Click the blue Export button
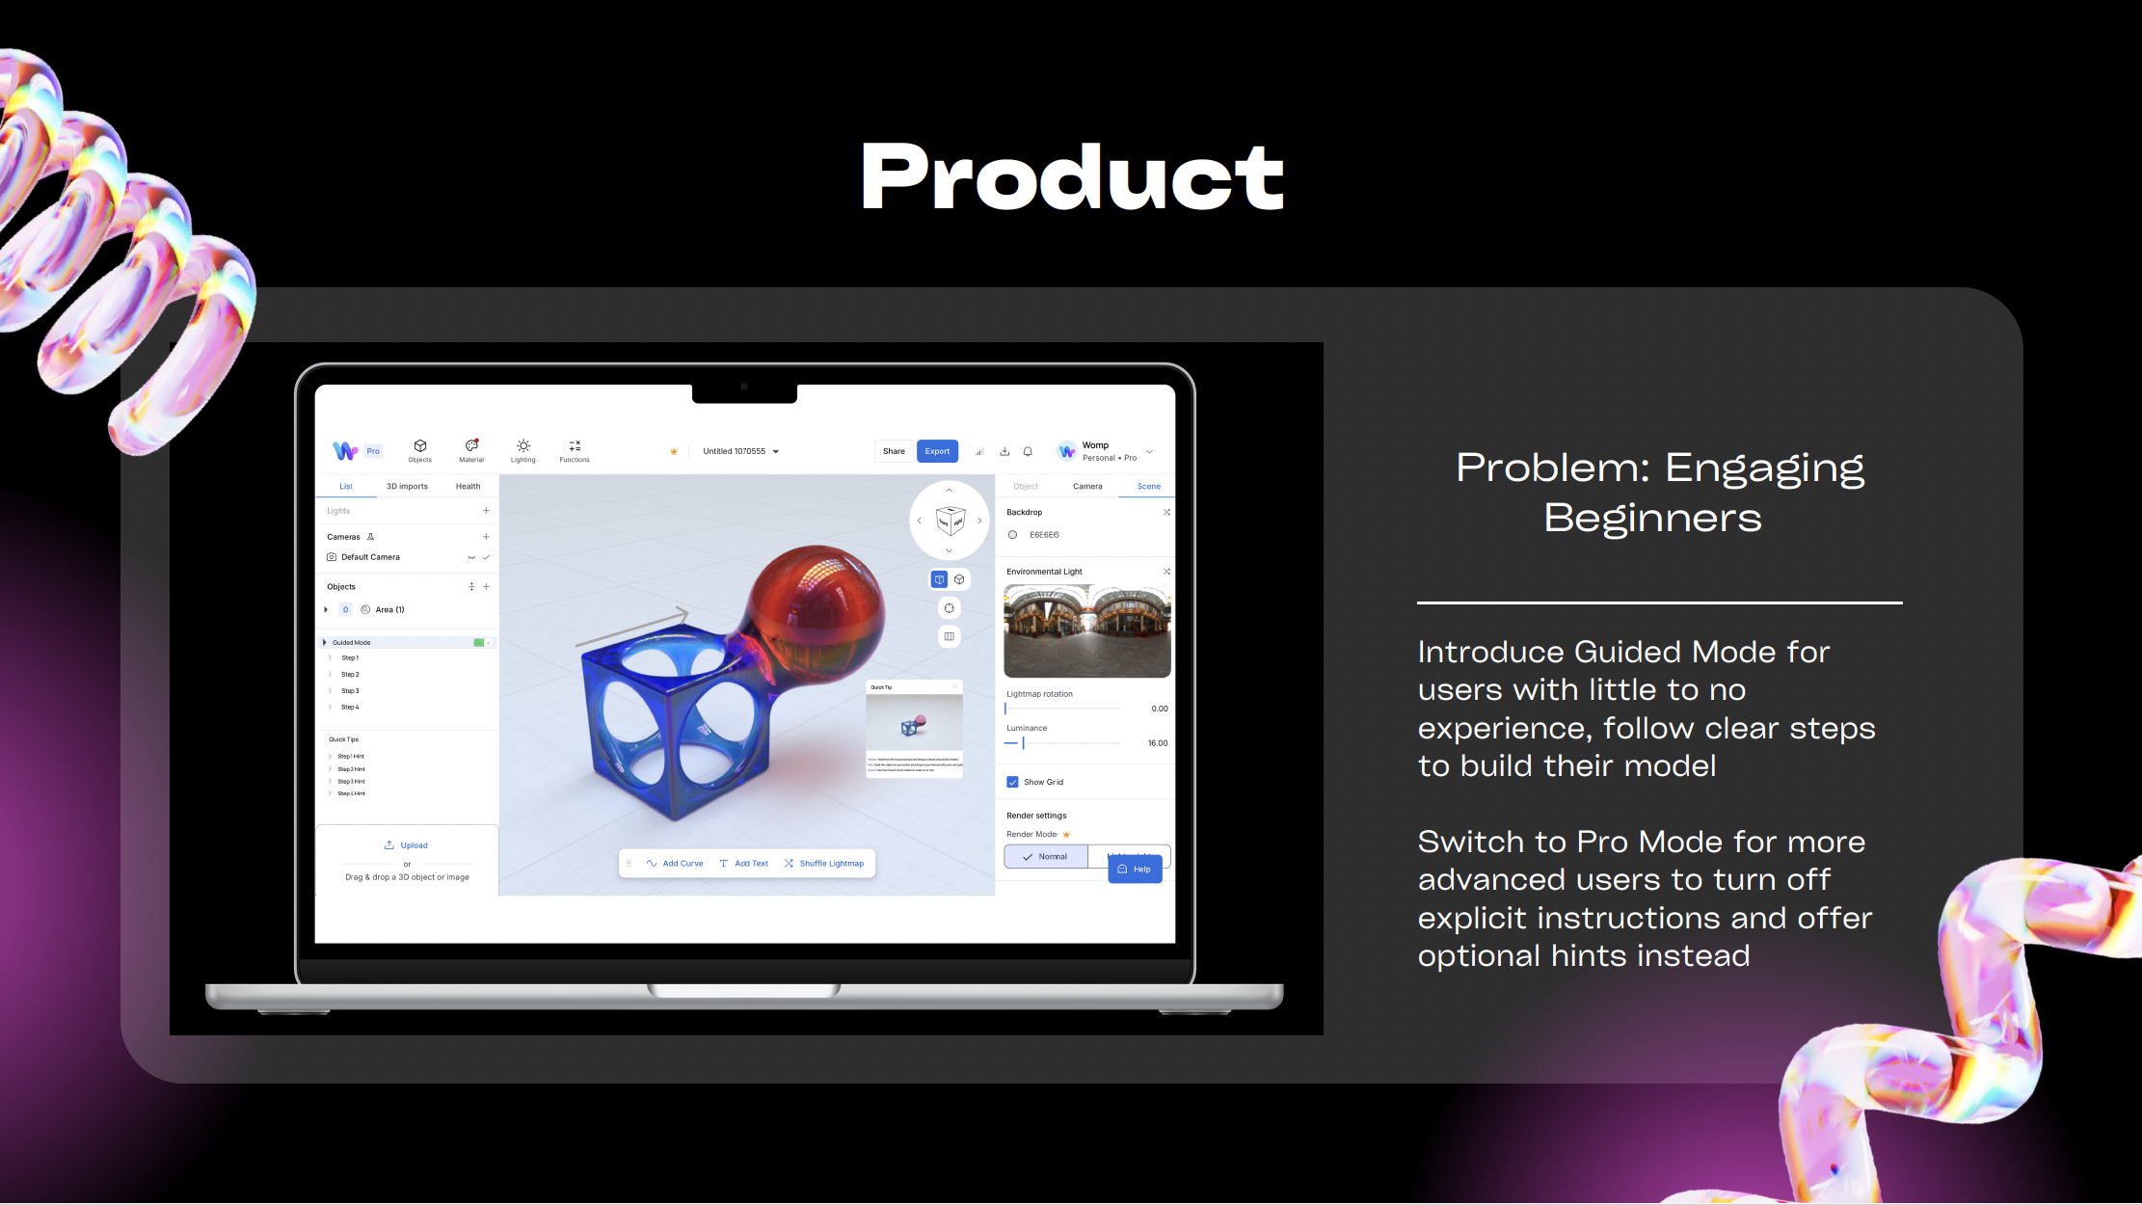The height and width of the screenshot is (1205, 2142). tap(937, 451)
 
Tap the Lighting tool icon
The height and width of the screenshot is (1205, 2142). tap(522, 449)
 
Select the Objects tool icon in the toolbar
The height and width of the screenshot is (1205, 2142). tap(420, 449)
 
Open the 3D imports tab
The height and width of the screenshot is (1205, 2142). tap(407, 487)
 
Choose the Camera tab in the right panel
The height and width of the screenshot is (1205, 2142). tap(1087, 487)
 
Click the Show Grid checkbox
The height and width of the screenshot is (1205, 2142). tap(1012, 782)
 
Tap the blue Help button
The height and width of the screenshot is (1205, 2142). tap(1135, 870)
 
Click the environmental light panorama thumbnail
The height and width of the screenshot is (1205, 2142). tap(1087, 630)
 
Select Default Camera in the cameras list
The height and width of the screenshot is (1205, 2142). tap(370, 557)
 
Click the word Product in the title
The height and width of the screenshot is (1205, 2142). tap(1072, 177)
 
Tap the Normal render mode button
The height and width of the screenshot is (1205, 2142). tap(1046, 856)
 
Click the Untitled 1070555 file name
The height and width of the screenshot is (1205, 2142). tap(735, 451)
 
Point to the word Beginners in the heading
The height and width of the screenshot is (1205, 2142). tap(1652, 519)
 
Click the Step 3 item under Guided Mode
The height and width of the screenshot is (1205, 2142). tap(350, 691)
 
